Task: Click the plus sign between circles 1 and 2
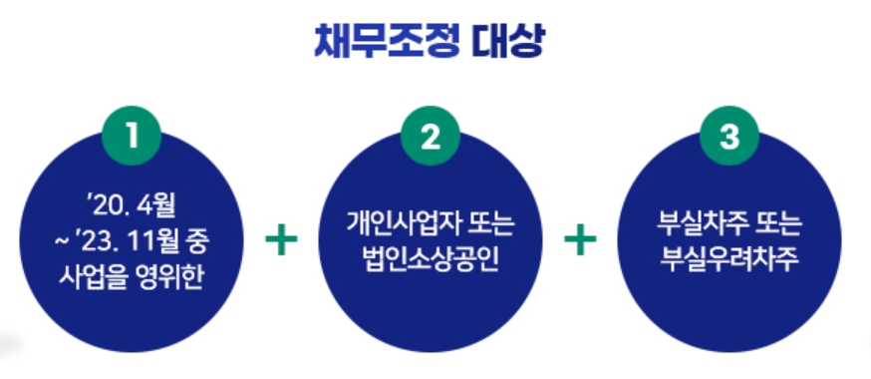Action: (281, 239)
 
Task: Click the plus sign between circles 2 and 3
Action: (580, 239)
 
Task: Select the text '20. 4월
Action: (131, 208)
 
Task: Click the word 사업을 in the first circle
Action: (96, 274)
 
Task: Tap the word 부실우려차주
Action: (729, 260)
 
